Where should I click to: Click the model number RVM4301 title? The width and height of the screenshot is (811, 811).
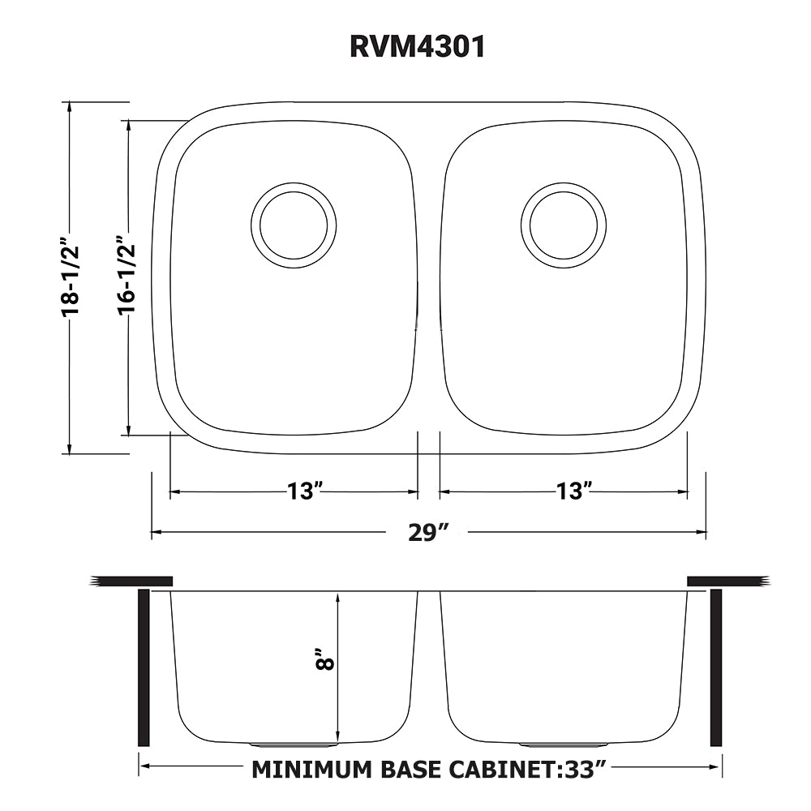tap(417, 47)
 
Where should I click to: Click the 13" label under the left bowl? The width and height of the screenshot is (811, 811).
tap(305, 491)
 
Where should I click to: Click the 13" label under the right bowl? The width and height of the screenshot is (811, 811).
tap(573, 491)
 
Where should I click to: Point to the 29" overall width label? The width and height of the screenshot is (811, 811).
tap(428, 533)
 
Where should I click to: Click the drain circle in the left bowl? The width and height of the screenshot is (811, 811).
tap(294, 225)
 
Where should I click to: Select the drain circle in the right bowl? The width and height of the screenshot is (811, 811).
tap(564, 225)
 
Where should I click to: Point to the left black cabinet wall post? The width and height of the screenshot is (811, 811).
tap(144, 667)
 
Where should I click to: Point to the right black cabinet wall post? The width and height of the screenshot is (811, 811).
tap(716, 667)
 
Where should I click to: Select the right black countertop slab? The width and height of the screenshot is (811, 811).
tap(727, 581)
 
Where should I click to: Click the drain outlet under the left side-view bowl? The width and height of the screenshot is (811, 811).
tap(294, 744)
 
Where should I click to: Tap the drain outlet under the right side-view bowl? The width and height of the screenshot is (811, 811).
tap(563, 744)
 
